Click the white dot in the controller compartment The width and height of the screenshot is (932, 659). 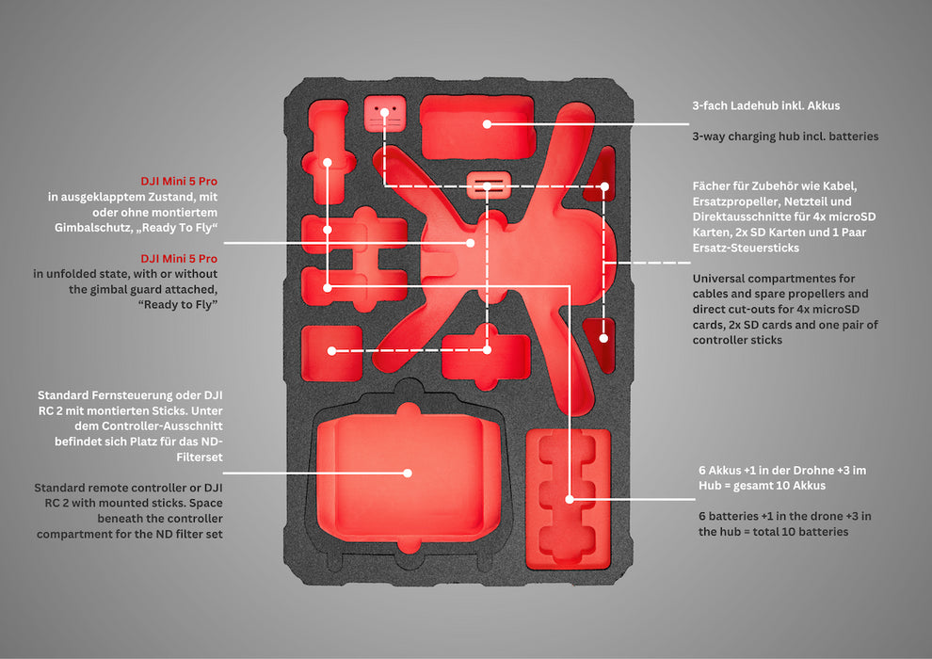408,473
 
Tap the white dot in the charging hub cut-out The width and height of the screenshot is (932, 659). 487,124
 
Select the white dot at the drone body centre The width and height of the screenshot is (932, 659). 470,243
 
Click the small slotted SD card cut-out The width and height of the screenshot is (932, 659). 489,185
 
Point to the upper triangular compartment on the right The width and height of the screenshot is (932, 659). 601,174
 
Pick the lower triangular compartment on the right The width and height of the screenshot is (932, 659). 601,345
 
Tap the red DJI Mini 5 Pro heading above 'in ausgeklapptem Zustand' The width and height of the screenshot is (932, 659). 179,182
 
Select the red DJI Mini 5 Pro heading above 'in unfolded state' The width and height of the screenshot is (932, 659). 179,259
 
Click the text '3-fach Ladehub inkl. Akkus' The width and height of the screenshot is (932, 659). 766,105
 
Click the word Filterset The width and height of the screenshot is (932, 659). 200,457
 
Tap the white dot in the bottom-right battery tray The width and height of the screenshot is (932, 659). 570,499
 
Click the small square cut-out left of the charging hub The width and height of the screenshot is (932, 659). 385,114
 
